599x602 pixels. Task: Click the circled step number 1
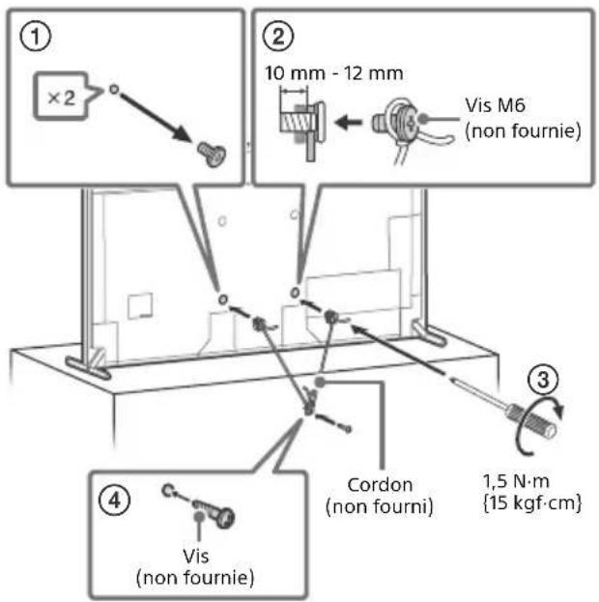[x=35, y=37]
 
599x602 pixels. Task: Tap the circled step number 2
[x=278, y=37]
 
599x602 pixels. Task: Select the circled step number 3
[x=543, y=380]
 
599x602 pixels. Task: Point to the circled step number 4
[x=115, y=501]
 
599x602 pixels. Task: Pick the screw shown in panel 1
[x=212, y=154]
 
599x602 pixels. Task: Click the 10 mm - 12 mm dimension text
[x=333, y=72]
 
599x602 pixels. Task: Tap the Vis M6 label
[x=495, y=105]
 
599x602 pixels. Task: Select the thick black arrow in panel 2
[x=348, y=123]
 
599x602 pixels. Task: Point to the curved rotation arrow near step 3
[x=537, y=426]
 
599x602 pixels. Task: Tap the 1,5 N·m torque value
[x=516, y=481]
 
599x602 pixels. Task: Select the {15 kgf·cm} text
[x=532, y=502]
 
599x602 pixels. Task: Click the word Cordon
[x=380, y=484]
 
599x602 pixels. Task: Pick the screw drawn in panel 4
[x=214, y=511]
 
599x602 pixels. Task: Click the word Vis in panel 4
[x=196, y=556]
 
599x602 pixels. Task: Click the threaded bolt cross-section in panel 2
[x=296, y=123]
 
